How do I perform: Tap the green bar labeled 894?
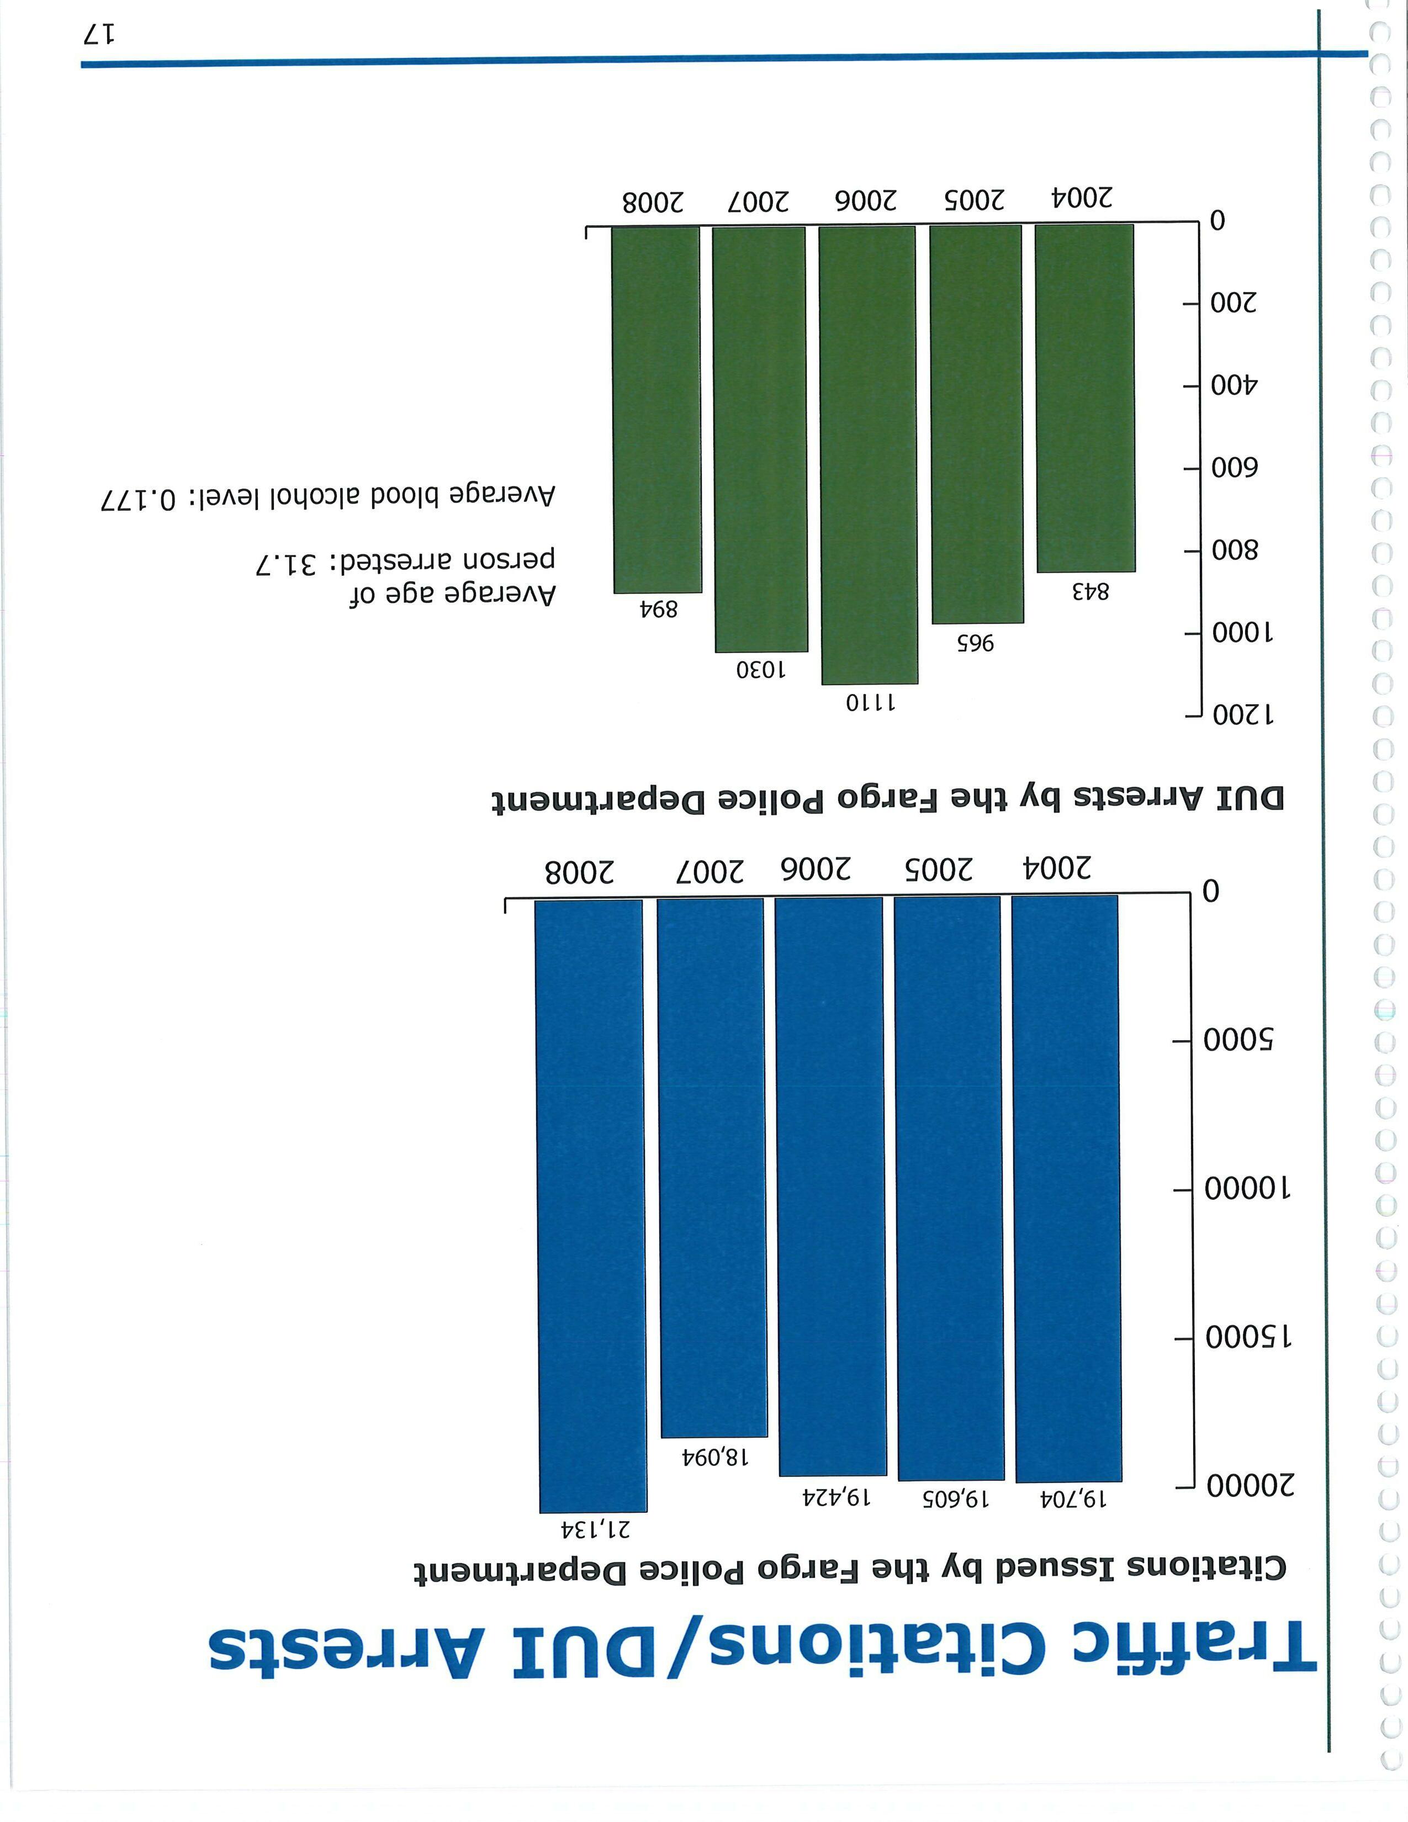[x=657, y=409]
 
